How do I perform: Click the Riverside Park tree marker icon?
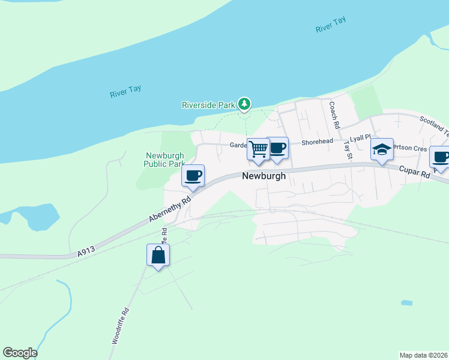(x=244, y=104)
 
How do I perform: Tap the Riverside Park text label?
(x=208, y=105)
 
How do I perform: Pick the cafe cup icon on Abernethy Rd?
(x=193, y=176)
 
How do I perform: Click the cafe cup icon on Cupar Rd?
(x=440, y=158)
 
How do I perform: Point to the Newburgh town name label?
(x=264, y=176)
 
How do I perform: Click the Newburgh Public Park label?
(x=164, y=160)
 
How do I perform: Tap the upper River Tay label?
(x=331, y=25)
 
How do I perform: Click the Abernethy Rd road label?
(x=170, y=209)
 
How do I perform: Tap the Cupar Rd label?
(x=414, y=173)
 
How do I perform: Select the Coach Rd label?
(x=334, y=115)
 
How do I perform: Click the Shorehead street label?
(x=317, y=142)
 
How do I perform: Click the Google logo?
(x=20, y=353)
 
